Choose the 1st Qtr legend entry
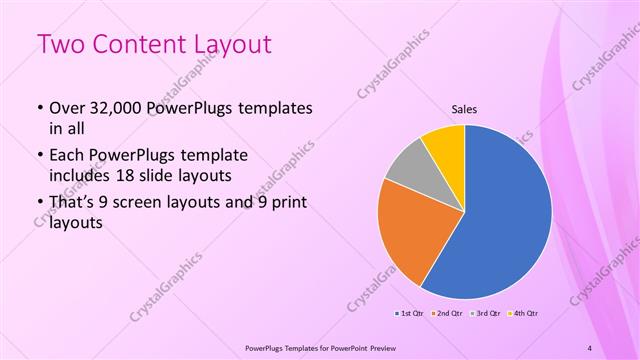(x=410, y=314)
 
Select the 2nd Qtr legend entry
(x=447, y=314)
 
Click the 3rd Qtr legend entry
(x=484, y=314)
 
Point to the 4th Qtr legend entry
(x=522, y=314)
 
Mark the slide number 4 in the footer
(x=589, y=347)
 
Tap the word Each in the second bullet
(x=67, y=156)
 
